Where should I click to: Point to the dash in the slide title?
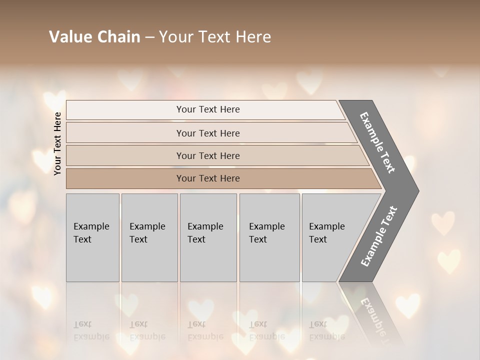click(149, 37)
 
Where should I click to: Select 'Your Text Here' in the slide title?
click(215, 37)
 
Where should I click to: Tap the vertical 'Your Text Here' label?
click(57, 143)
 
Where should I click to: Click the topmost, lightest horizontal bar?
click(205, 109)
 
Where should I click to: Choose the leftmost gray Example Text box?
click(92, 237)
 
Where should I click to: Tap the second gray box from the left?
click(149, 237)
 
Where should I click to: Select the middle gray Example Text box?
click(208, 237)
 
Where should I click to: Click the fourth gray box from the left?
click(269, 237)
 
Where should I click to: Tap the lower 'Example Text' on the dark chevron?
click(378, 236)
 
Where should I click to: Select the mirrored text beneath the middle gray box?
click(205, 330)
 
